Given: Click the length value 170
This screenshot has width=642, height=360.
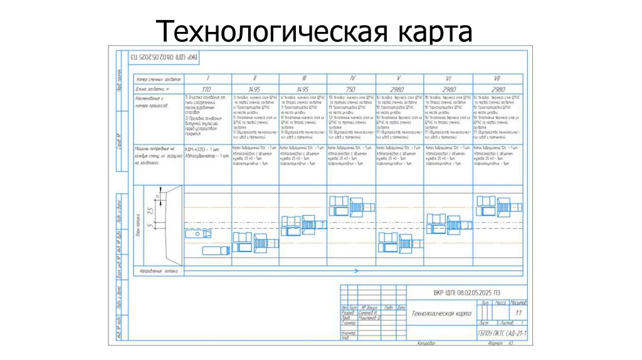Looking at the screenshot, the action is point(208,90).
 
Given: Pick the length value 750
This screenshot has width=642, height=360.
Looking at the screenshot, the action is point(351,90).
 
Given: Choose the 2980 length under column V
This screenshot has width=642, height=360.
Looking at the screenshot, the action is point(399,90).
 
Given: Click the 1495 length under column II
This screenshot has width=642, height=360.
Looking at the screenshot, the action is point(255,90).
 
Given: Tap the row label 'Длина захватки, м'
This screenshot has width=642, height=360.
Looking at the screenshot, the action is point(154,89).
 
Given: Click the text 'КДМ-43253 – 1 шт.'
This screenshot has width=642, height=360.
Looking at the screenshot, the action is point(202,149).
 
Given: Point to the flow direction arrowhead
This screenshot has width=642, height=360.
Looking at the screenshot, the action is point(355,271).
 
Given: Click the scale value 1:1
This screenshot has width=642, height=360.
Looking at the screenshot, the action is point(518,312).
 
